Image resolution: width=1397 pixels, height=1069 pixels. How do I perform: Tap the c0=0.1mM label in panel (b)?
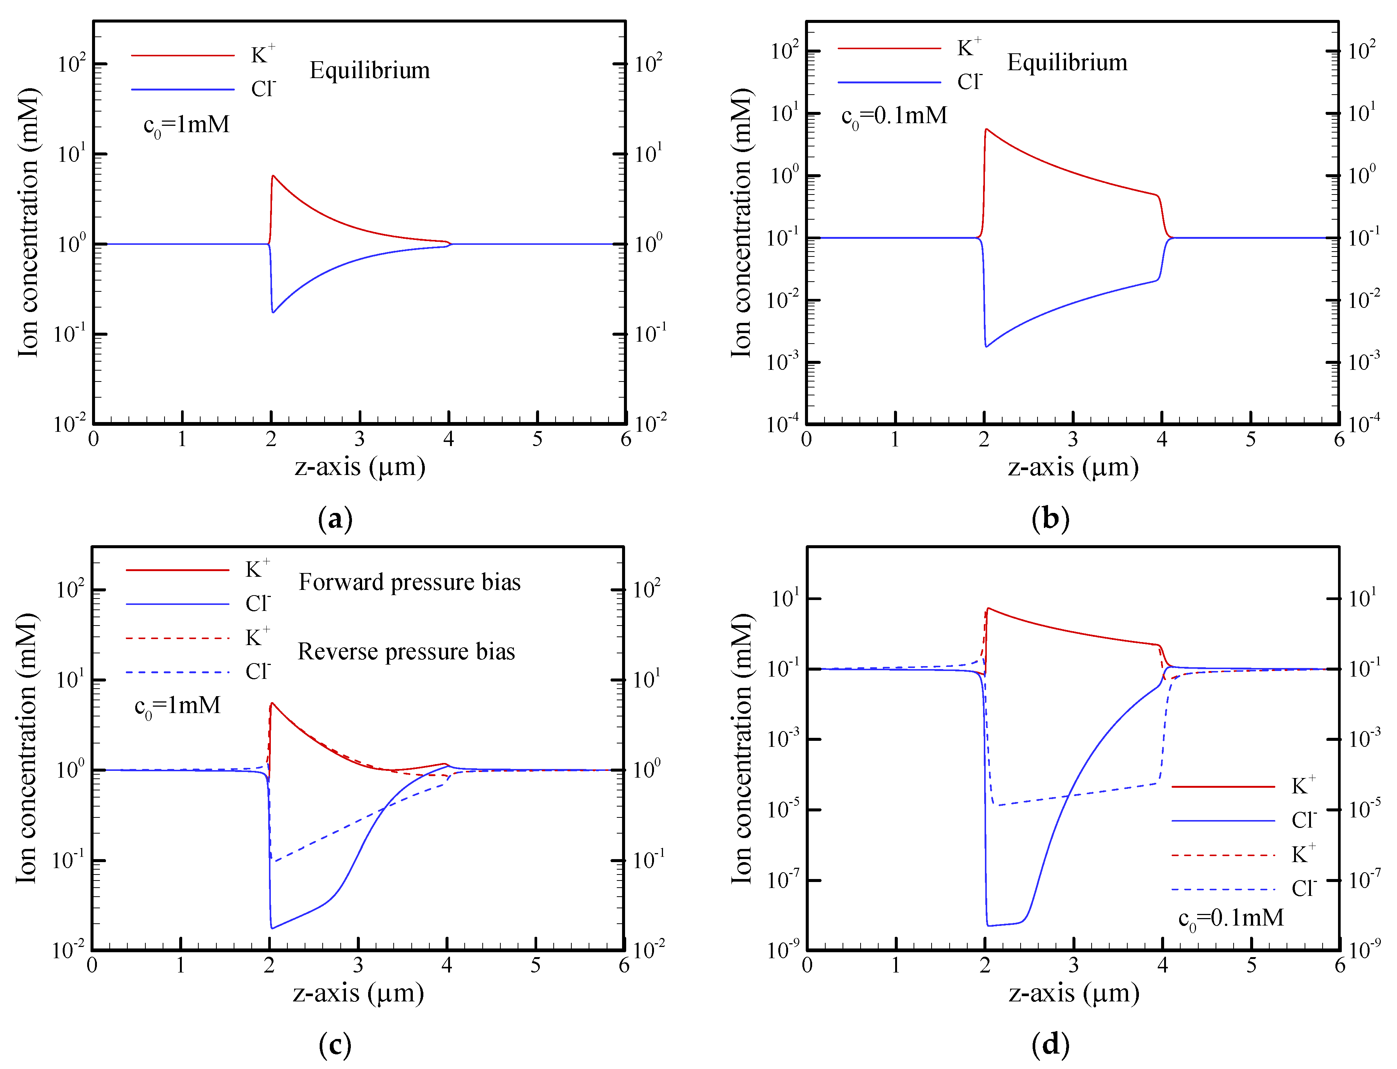894,116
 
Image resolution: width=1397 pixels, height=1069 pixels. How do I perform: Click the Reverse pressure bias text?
406,651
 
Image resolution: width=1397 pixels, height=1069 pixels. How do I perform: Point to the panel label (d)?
1050,1043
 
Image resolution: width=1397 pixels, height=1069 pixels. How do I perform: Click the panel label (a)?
335,519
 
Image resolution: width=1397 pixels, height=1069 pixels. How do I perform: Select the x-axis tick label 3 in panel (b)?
1073,439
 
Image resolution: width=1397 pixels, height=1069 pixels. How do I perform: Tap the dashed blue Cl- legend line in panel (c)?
177,672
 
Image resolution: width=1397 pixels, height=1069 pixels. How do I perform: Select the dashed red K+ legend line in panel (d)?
1223,855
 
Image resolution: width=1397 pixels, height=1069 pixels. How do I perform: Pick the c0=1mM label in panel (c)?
178,706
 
